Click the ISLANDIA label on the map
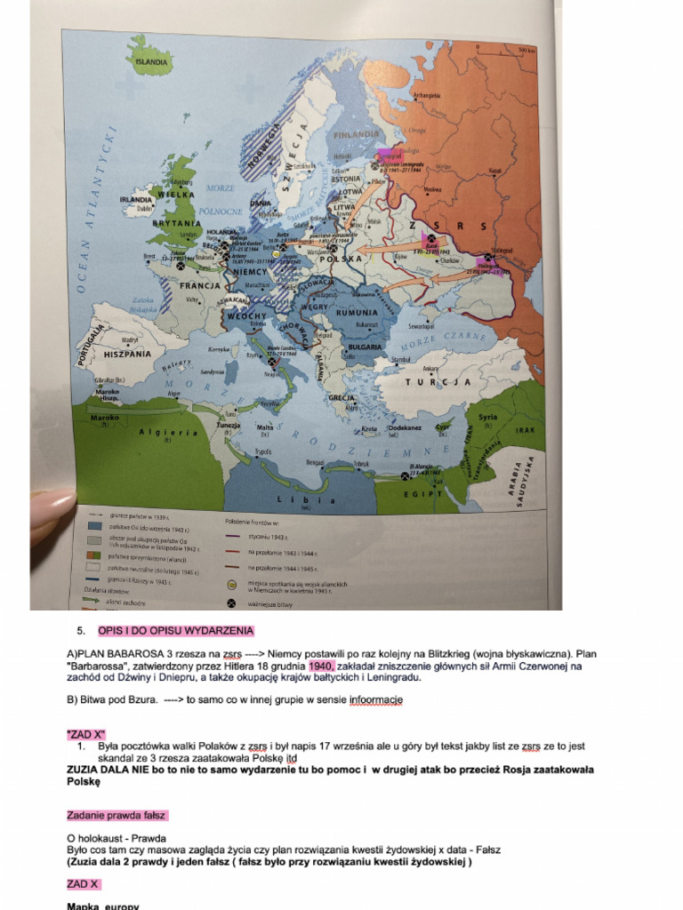(x=149, y=63)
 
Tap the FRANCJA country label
(x=201, y=286)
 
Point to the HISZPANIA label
(x=128, y=353)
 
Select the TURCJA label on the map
(x=438, y=382)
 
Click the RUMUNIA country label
(x=357, y=313)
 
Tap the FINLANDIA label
(x=356, y=135)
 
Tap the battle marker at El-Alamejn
(x=405, y=476)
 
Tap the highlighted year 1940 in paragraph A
(x=321, y=665)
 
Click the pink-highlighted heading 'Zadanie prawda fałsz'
(x=117, y=815)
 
